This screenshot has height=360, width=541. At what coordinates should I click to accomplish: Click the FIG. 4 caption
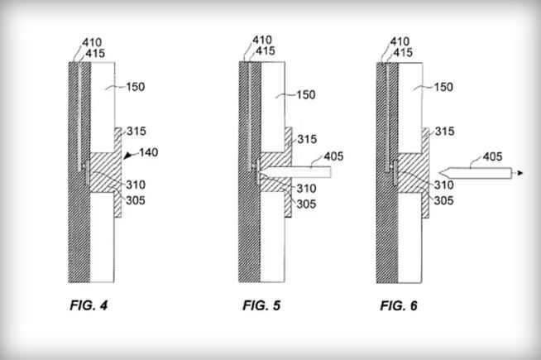point(89,305)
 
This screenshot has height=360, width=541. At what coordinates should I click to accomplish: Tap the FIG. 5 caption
point(261,305)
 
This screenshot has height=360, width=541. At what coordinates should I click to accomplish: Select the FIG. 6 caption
point(399,306)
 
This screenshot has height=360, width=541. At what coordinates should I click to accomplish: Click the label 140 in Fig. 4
point(149,152)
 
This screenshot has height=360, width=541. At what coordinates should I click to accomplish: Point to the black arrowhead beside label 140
point(128,156)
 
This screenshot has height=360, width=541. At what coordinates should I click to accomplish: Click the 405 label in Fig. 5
point(333,156)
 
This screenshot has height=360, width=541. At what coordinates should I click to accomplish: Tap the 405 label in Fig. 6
point(493,156)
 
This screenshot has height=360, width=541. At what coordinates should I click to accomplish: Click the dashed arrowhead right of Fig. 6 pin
point(520,173)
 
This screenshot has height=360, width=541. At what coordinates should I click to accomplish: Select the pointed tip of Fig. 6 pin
point(439,173)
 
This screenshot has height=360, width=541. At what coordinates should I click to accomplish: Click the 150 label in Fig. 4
point(136,87)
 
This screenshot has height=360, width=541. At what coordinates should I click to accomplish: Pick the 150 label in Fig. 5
point(306,94)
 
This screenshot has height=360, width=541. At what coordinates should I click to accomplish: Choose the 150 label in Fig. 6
point(443,87)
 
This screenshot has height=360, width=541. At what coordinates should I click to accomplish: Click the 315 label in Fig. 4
point(136,131)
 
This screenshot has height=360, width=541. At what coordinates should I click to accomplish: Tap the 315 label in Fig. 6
point(445,131)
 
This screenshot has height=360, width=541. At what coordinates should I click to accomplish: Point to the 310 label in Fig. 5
point(306,189)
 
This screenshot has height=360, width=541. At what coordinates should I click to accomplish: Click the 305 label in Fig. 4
point(136,200)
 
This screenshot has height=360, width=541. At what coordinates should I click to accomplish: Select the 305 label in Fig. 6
point(443,200)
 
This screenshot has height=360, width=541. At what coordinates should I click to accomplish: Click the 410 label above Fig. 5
point(262,40)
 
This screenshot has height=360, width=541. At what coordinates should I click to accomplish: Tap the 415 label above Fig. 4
point(95,54)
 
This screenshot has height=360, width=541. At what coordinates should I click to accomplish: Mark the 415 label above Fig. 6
point(403,52)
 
